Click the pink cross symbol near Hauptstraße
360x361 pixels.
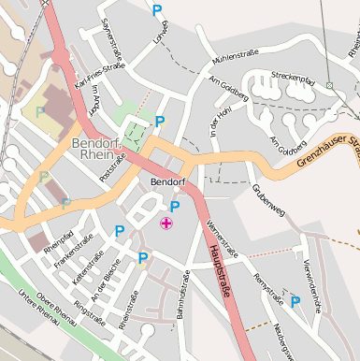166,223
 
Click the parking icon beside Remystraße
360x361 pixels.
295,301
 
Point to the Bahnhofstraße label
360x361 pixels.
182,296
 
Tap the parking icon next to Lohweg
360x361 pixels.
157,9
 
